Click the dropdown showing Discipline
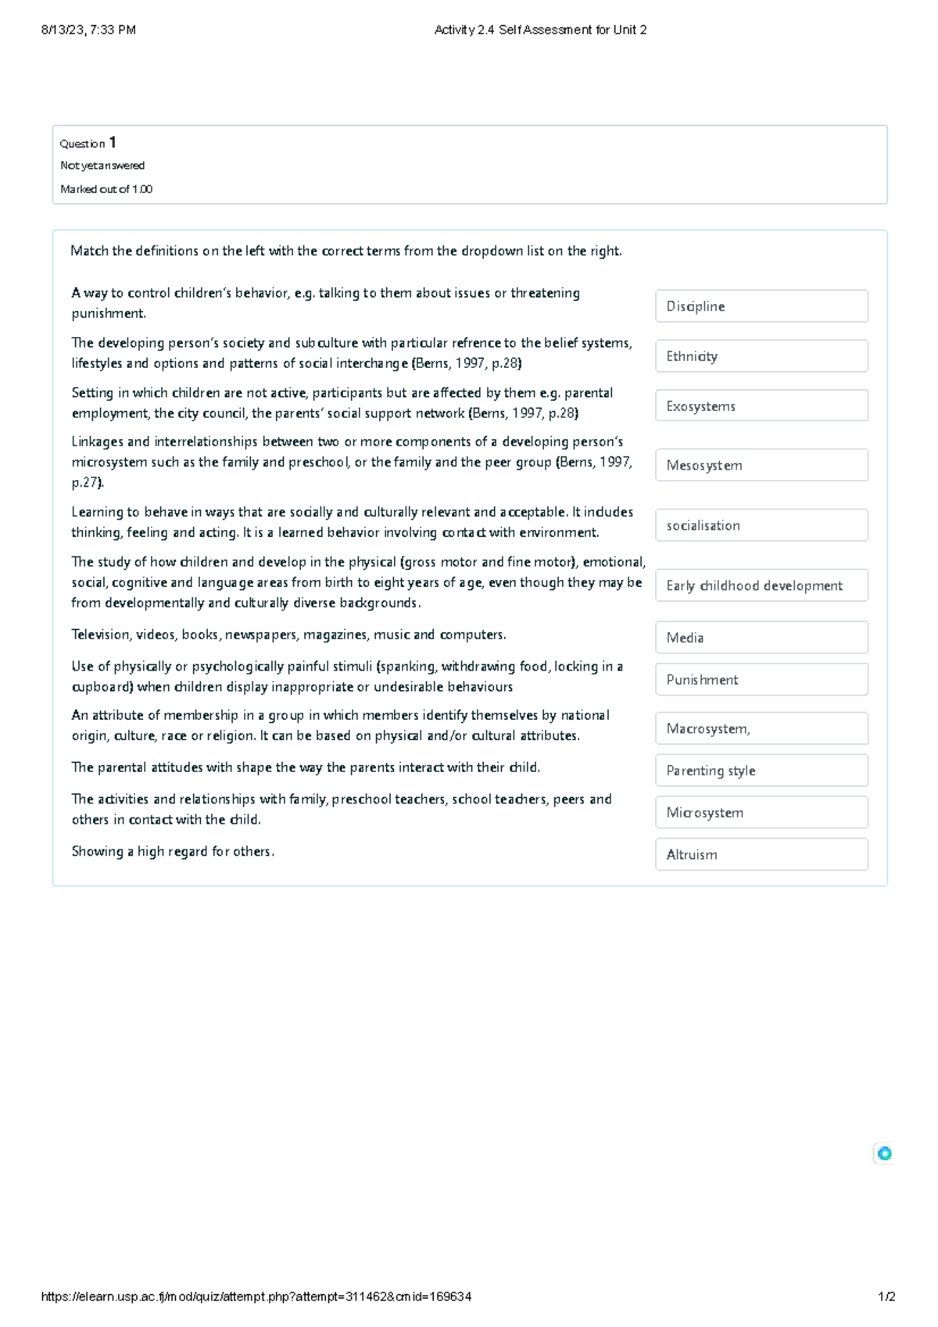(x=761, y=306)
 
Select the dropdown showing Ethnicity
(x=761, y=356)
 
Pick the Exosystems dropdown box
(x=761, y=406)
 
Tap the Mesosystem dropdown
(x=761, y=466)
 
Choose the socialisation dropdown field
(x=761, y=526)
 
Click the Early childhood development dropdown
(x=761, y=585)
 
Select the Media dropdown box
(x=761, y=638)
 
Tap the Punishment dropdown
(x=761, y=680)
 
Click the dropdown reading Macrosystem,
(x=761, y=729)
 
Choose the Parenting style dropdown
(x=761, y=771)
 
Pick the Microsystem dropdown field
(x=761, y=813)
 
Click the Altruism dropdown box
(x=761, y=855)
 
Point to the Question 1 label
(x=88, y=143)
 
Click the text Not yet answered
(x=102, y=166)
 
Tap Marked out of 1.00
(x=106, y=189)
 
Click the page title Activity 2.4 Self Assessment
(x=540, y=30)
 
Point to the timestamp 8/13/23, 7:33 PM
(x=88, y=30)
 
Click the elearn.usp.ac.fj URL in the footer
(x=256, y=1297)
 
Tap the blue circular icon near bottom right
(x=884, y=1154)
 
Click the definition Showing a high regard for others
(x=173, y=852)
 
